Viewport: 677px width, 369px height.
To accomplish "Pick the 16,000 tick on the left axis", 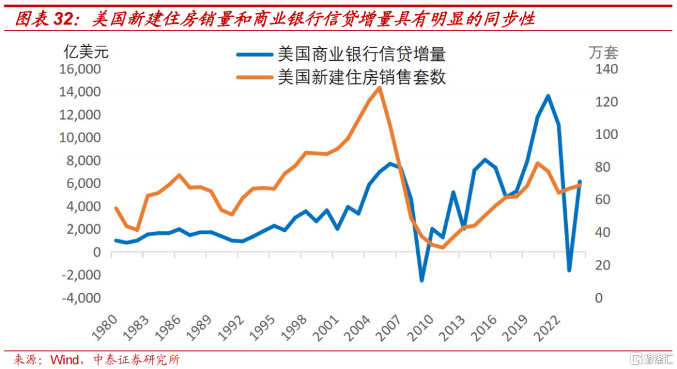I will pos(80,69).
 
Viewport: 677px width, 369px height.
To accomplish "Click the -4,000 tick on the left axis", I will pos(81,298).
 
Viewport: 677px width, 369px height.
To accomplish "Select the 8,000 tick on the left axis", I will pos(83,160).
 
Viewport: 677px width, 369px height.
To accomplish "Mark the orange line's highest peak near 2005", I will pos(379,88).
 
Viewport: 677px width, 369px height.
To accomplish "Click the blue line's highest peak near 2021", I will pos(548,96).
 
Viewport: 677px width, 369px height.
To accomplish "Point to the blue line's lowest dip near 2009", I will pos(421,280).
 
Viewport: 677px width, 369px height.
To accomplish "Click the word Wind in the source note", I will pos(65,360).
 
